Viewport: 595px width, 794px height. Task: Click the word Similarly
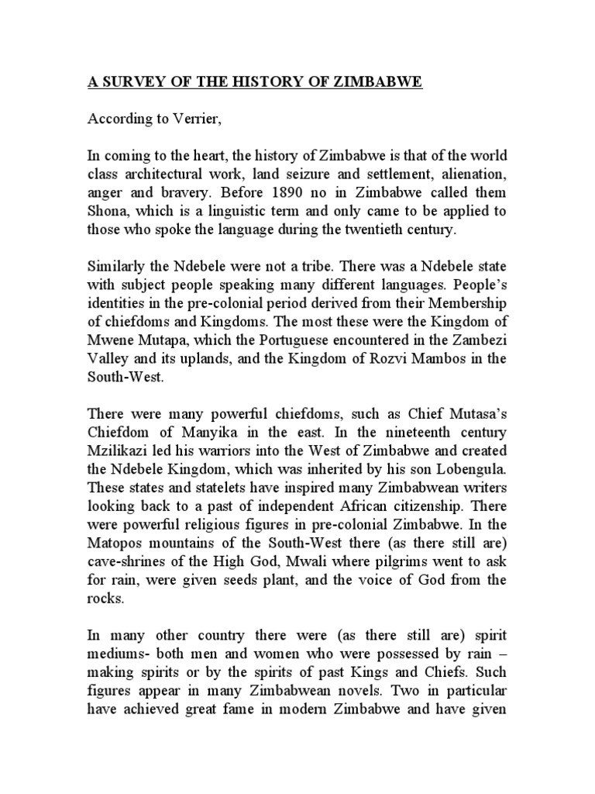tap(118, 270)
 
